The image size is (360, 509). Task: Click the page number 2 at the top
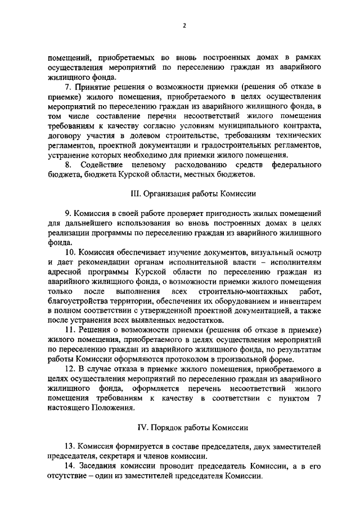click(184, 25)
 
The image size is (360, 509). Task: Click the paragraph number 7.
click(67, 86)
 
